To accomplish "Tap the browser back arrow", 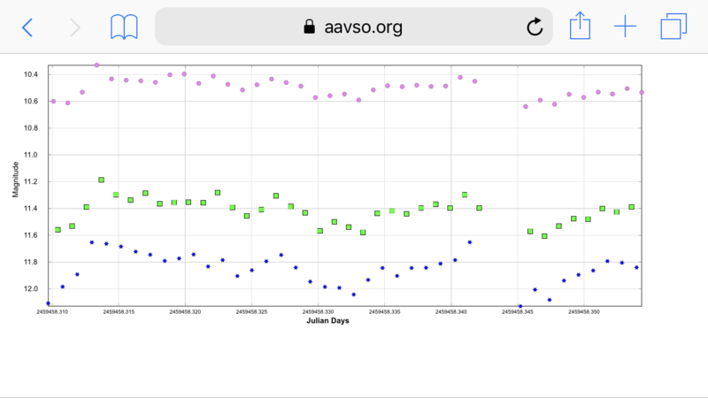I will coord(27,27).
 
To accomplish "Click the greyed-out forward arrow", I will coord(75,27).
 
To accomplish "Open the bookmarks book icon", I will coord(124,27).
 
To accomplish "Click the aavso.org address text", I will coord(364,27).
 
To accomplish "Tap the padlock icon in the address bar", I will coord(309,27).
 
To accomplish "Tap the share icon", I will coord(579,26).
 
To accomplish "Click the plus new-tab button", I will coord(625,27).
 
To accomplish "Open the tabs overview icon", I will coord(673,27).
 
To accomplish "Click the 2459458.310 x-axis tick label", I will coord(51,311).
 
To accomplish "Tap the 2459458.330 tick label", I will coord(318,311).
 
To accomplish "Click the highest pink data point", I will coord(96,65).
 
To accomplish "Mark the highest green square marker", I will coord(101,180).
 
